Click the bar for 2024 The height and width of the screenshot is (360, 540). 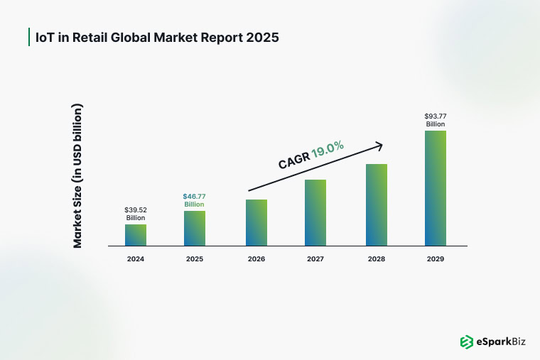point(136,235)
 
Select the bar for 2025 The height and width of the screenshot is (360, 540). point(195,229)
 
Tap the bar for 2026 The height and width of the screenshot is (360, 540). point(256,223)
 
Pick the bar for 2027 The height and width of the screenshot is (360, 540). point(315,213)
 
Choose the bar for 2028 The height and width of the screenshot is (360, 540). point(377,205)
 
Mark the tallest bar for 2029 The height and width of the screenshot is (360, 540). point(436,188)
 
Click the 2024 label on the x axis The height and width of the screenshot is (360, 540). point(136,259)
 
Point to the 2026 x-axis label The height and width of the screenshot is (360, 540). point(256,259)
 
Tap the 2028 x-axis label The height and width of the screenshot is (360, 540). point(377,259)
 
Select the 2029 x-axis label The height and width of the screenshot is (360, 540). point(436,259)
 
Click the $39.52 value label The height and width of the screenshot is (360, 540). point(136,210)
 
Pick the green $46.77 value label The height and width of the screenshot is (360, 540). point(194,197)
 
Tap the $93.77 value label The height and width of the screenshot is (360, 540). point(436,116)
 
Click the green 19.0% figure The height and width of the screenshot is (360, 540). point(328,149)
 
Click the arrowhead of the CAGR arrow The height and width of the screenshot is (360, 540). point(379,146)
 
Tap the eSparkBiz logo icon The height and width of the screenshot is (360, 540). point(467,342)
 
